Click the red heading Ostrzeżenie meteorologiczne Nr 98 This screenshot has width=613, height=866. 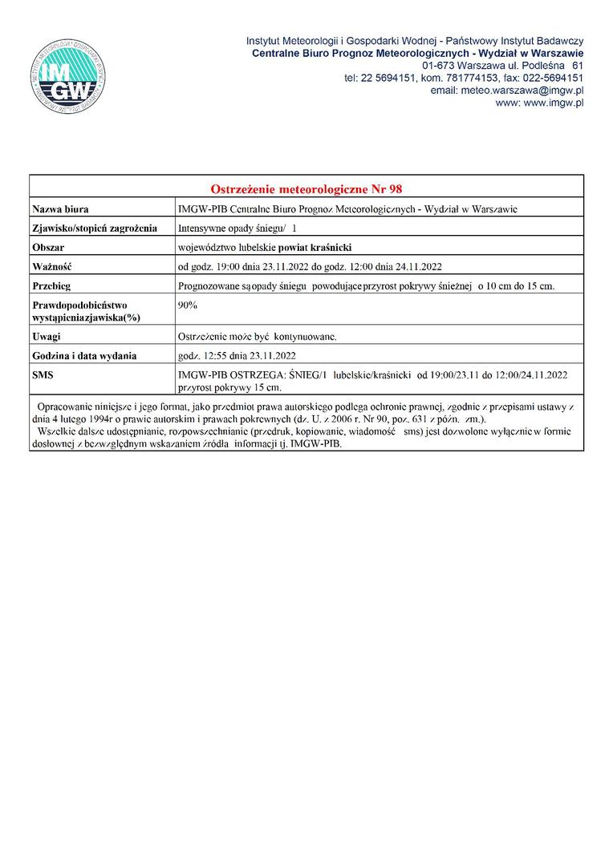pos(306,189)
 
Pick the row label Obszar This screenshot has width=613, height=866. pos(48,248)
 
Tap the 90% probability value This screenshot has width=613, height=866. pos(188,306)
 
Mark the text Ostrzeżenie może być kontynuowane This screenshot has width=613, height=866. pos(258,337)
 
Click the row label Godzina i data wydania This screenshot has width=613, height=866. pos(84,356)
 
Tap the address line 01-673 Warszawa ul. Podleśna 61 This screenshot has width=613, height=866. pos(502,65)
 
